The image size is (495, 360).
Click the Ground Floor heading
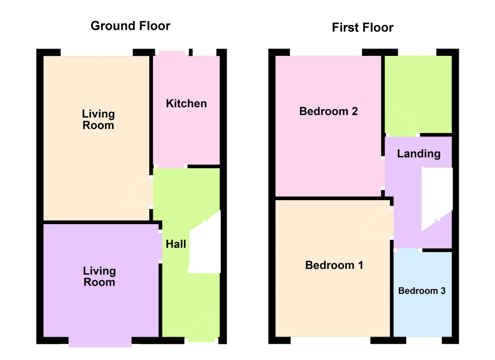point(130,26)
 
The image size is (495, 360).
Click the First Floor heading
point(363,27)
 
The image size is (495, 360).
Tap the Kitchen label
point(186,103)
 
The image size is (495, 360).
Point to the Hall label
point(176,244)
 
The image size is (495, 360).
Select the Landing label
point(418,154)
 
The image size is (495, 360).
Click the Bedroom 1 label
point(334,265)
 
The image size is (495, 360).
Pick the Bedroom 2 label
point(329,111)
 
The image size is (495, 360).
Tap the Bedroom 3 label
point(422,291)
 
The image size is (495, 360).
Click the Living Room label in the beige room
point(98,120)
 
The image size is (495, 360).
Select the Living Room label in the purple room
point(99,276)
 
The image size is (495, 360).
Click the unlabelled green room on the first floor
point(418,94)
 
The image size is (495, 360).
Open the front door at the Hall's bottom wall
point(202,329)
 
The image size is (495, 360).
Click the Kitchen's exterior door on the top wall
point(172,64)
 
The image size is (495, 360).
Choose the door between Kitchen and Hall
point(170,154)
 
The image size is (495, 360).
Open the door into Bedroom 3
point(408,259)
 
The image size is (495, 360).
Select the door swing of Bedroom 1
point(380,222)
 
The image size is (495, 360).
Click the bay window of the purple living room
point(100,342)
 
